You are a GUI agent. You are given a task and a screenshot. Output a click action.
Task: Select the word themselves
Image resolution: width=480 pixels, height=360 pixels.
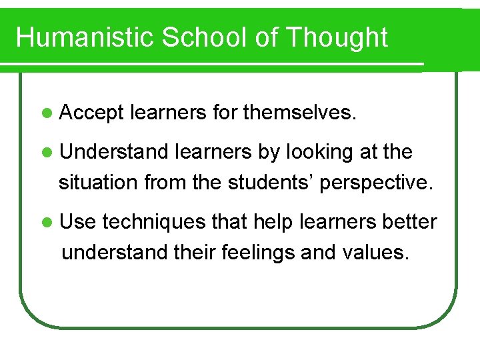[x=300, y=114]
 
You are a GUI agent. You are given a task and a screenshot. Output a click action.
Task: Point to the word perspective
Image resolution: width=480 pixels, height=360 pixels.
[x=377, y=182]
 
